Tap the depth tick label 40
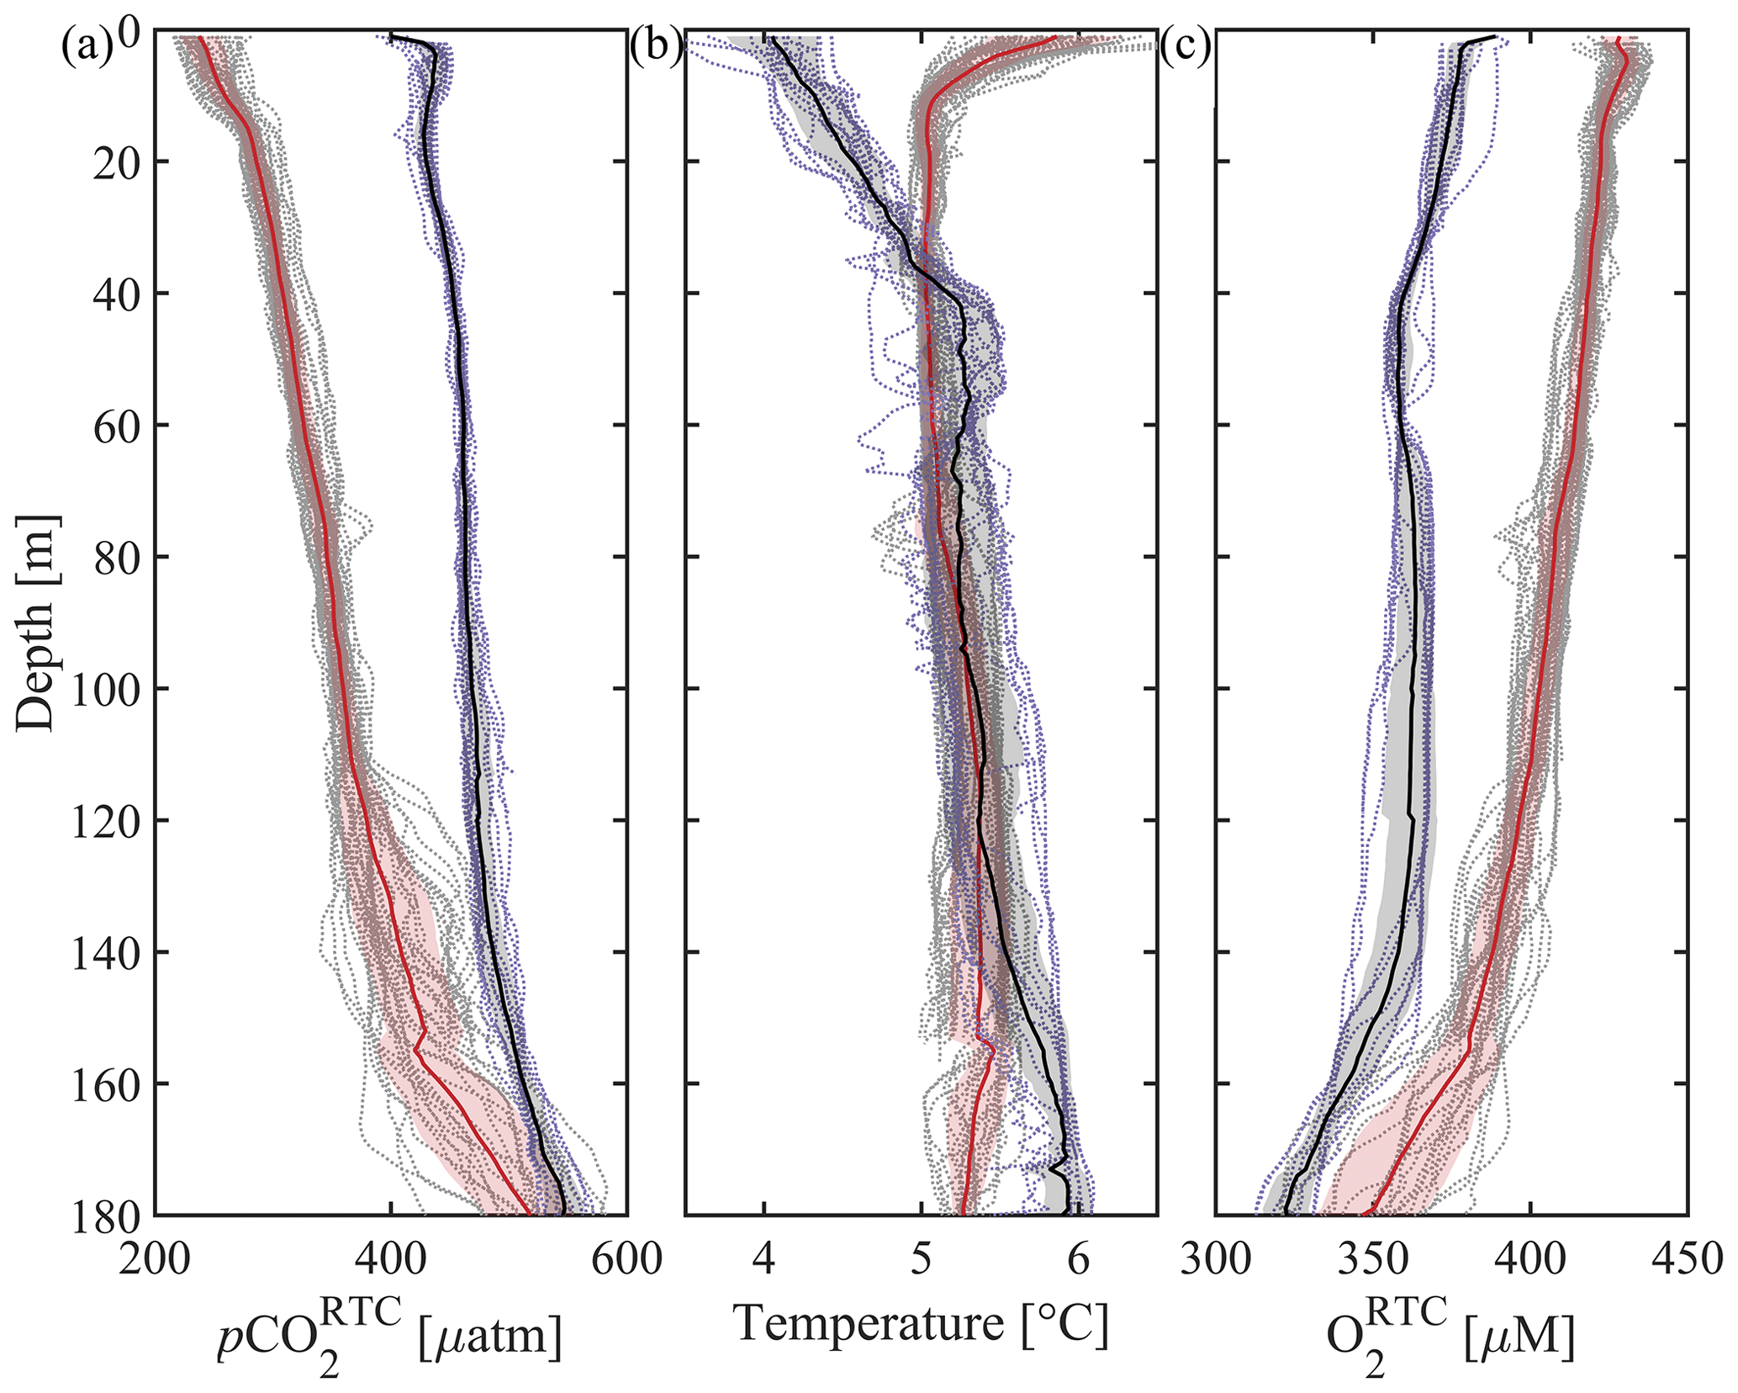click(x=108, y=294)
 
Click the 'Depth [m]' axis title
click(x=36, y=622)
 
